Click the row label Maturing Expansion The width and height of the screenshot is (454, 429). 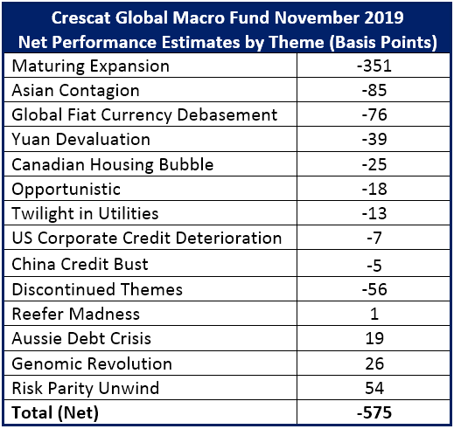(x=90, y=66)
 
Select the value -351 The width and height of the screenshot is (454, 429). (x=374, y=66)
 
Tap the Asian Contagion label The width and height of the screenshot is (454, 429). (x=75, y=91)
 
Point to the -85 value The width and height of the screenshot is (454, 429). (x=374, y=90)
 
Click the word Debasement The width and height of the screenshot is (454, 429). (x=227, y=114)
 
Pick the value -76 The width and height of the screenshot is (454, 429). (x=374, y=114)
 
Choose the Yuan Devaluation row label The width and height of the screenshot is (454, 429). (x=80, y=139)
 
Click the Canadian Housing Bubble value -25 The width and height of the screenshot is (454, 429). (x=374, y=164)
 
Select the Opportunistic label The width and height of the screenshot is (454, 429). (x=66, y=190)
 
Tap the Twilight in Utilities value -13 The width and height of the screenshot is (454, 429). (x=374, y=213)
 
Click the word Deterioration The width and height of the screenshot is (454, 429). (x=228, y=238)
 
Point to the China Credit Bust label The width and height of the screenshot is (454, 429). (x=80, y=264)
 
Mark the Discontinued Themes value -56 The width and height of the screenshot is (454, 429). (x=374, y=289)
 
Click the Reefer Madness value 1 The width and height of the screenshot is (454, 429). (x=374, y=314)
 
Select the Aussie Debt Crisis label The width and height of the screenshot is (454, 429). (x=81, y=338)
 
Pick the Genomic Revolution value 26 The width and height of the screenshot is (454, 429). (x=374, y=363)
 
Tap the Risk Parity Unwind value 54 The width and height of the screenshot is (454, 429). (x=374, y=388)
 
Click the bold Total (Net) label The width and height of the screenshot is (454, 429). (x=55, y=413)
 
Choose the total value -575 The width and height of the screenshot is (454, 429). (x=374, y=412)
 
